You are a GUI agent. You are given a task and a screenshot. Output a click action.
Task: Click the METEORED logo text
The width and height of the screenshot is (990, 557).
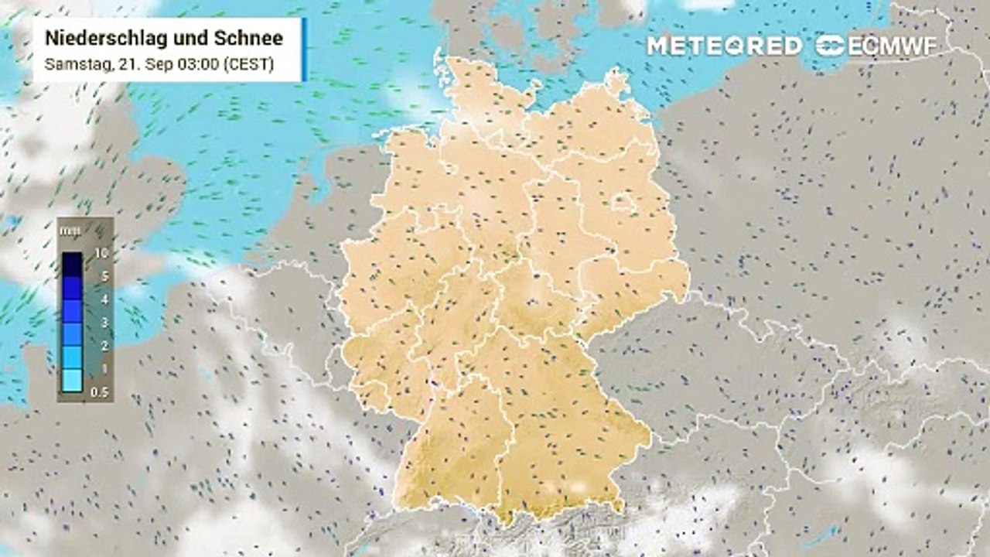724,46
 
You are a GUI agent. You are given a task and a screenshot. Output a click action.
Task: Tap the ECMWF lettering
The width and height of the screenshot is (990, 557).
893,46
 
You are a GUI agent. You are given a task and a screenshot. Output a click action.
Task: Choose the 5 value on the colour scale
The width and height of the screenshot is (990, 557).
103,275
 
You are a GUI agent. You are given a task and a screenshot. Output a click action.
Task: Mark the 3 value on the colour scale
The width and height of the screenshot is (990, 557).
103,322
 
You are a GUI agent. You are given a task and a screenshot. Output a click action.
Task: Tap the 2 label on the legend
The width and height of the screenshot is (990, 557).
103,345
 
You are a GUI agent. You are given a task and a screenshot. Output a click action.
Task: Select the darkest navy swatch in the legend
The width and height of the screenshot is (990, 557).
72,264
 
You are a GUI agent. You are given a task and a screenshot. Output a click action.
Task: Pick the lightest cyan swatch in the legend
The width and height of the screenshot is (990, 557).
72,380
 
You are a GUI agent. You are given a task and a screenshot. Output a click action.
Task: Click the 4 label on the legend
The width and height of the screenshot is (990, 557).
103,299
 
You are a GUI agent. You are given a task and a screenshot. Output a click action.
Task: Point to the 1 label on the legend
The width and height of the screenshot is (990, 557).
103,368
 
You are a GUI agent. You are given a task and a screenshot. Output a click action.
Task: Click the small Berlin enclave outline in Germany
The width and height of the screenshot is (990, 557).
623,203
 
